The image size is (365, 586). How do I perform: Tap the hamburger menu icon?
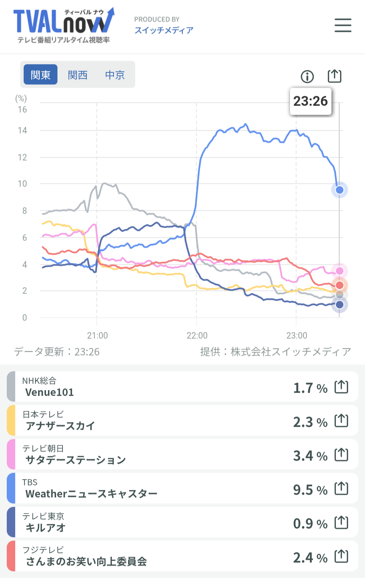[343, 25]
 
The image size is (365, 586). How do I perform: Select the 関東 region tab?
[41, 75]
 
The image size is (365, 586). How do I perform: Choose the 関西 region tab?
[78, 75]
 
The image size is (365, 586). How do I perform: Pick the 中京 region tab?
[115, 75]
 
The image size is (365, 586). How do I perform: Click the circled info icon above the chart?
[307, 77]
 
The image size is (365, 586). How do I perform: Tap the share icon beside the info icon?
[335, 76]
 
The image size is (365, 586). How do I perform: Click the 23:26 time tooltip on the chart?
[311, 101]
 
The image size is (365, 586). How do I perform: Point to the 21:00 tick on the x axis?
[97, 335]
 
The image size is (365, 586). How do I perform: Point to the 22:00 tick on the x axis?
[197, 335]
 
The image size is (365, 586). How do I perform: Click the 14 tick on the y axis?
[22, 131]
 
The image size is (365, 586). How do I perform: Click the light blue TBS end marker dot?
[340, 190]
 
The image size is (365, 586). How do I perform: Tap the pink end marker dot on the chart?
[340, 271]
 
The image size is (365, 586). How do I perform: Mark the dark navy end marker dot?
[340, 305]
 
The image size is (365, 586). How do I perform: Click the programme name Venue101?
[49, 392]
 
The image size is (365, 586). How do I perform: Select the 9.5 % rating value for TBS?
[310, 490]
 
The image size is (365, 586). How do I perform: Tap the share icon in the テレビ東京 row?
[341, 523]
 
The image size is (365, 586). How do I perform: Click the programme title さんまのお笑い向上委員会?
[86, 561]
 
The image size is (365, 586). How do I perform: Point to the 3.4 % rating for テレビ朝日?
[310, 456]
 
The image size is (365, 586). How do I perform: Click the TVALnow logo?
[64, 25]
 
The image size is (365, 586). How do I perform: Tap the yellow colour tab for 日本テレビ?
[11, 420]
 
